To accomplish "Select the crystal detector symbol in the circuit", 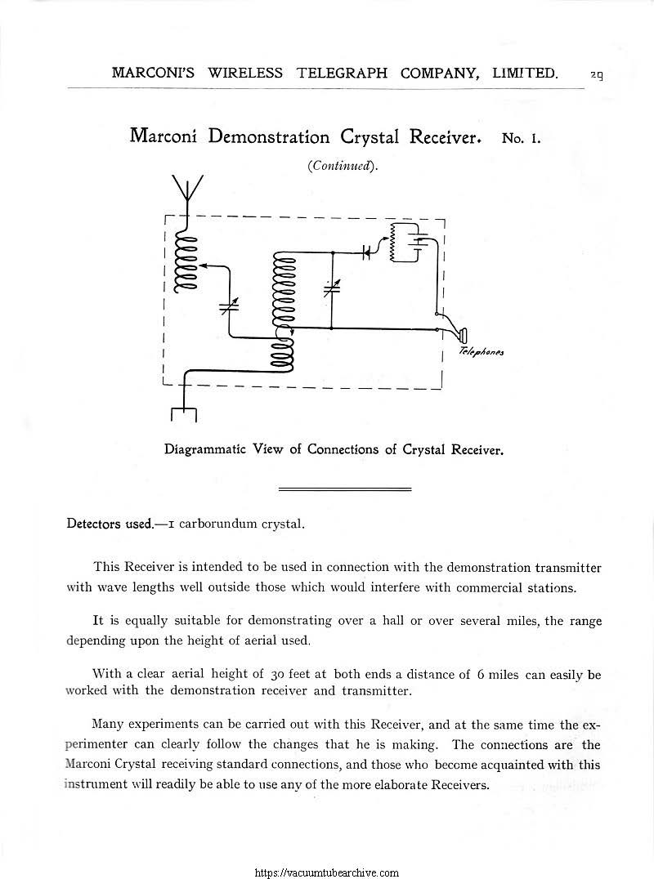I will (x=367, y=252).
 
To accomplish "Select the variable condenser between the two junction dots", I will (x=332, y=288).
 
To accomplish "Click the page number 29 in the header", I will (x=597, y=74).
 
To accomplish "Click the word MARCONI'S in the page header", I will (x=155, y=73).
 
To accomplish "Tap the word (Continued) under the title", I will (x=342, y=167).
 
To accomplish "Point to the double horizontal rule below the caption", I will (x=344, y=489).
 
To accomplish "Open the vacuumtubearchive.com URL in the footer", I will (x=327, y=872).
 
